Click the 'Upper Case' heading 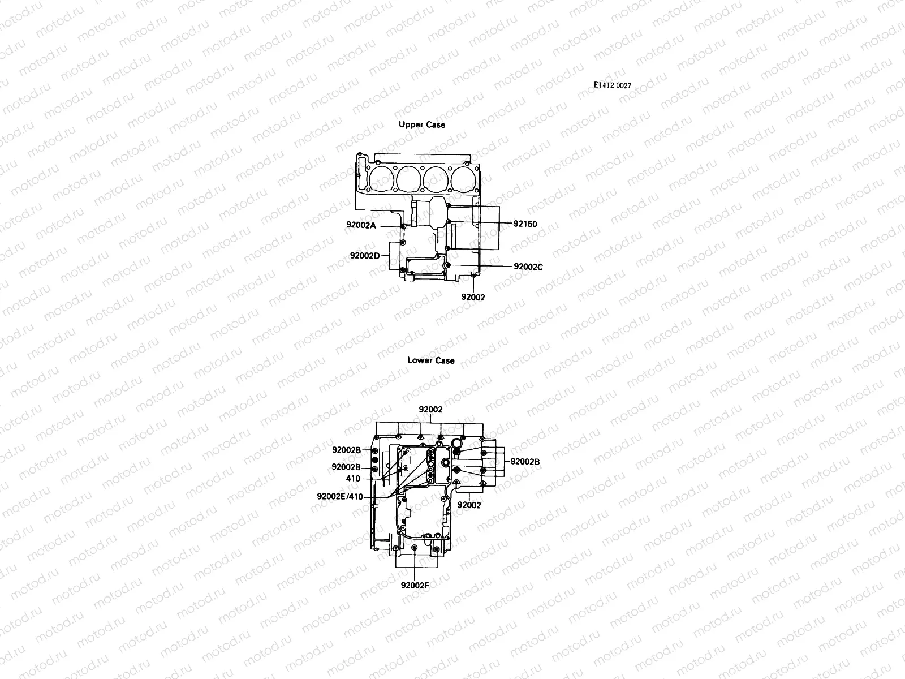pos(421,124)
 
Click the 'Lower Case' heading pos(430,360)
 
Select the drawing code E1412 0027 pos(612,85)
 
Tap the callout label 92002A pos(361,225)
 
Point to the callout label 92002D pos(364,256)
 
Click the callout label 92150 pos(525,224)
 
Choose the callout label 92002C pos(528,267)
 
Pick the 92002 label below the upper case pos(473,297)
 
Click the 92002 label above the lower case pos(430,410)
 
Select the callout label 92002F pos(415,586)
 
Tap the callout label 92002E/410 pos(339,497)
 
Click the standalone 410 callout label pos(353,479)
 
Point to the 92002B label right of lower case pos(525,462)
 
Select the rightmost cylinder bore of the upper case pos(463,179)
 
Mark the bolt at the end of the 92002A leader pos(402,227)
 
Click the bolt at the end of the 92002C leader pos(448,265)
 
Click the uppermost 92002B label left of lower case pos(346,450)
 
